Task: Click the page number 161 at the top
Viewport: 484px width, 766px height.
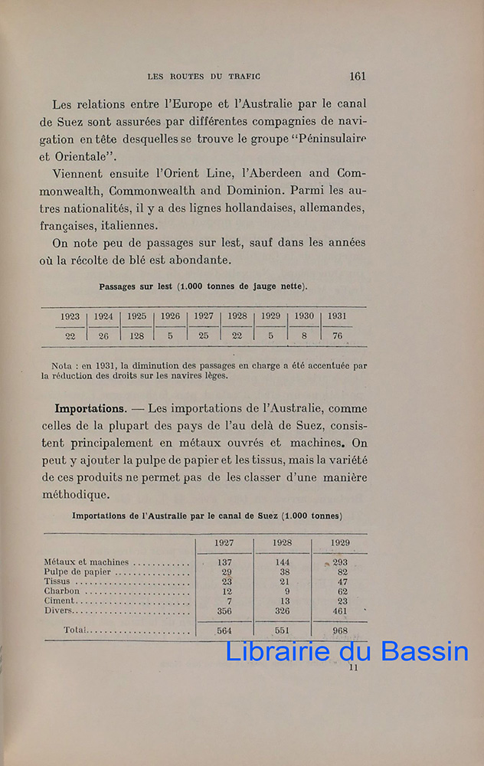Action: point(357,76)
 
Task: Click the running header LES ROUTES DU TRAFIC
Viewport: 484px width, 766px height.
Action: point(204,77)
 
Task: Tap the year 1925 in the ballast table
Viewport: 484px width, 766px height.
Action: point(137,316)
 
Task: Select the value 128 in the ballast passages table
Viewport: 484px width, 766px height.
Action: point(137,336)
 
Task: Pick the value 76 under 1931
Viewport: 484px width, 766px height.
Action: point(337,336)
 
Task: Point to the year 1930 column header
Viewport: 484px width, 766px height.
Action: point(304,316)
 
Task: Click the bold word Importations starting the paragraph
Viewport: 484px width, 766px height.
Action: point(90,408)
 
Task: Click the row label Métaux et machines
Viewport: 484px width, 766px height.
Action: point(87,562)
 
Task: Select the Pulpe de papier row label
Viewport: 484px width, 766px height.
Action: point(78,572)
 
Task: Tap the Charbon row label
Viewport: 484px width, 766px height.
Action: point(62,591)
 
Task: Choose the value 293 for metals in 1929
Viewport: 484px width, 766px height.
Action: point(340,562)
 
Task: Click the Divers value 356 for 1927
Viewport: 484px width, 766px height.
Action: point(224,611)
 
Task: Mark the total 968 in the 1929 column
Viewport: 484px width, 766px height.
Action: point(340,631)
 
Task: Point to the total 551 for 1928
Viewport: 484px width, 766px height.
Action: point(282,631)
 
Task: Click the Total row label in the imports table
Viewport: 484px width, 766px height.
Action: point(77,630)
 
